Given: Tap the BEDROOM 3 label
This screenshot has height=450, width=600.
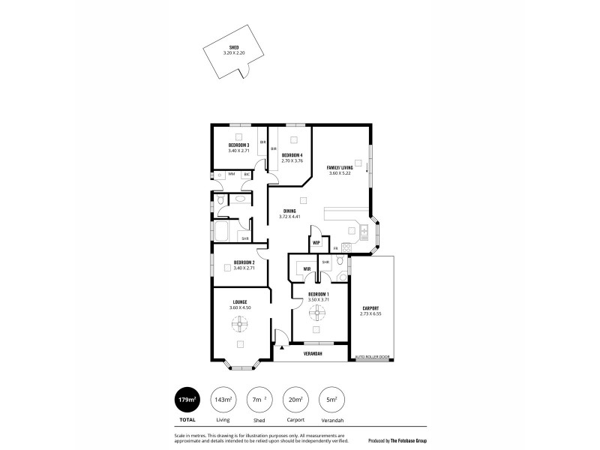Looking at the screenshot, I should [x=238, y=145].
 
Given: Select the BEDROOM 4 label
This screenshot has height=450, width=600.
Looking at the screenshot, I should [x=292, y=155].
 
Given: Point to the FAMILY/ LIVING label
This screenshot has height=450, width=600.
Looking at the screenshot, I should [x=340, y=167].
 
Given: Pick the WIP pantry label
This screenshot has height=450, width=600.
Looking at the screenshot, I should [x=316, y=243].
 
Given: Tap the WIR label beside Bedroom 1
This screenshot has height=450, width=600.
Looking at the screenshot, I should [x=307, y=268].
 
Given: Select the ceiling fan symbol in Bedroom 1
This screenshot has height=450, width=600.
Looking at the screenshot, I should [x=318, y=316].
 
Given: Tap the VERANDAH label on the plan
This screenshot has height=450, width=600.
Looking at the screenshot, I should [x=313, y=353].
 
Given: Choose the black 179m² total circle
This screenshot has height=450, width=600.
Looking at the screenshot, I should [x=186, y=399].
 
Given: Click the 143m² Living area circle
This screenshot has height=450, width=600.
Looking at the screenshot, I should [x=223, y=399].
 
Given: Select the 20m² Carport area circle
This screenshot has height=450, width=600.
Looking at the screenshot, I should [x=295, y=399].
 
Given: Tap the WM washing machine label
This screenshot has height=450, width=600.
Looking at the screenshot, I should [x=231, y=174].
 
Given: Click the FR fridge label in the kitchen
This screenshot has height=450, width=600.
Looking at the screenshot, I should [x=335, y=247].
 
